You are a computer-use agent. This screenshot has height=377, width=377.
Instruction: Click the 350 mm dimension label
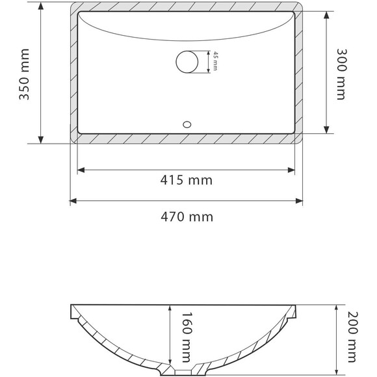pos(25,74)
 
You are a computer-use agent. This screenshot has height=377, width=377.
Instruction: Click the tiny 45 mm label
pos(215,63)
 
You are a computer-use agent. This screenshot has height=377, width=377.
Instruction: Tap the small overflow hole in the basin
pos(188,122)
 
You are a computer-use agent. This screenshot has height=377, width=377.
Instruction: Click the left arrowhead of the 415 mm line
pos(81,170)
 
